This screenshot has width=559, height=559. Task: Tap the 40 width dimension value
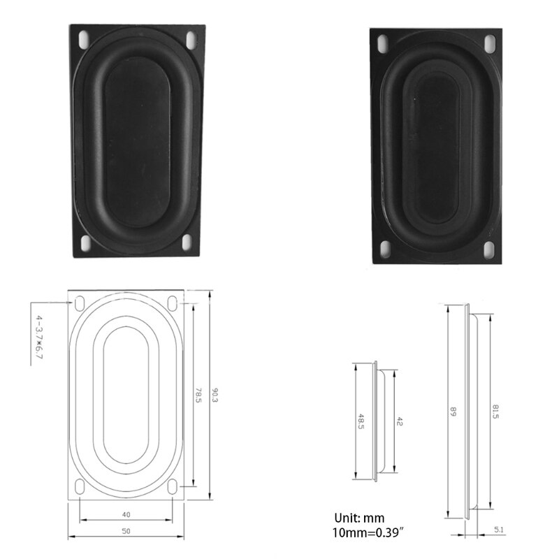(x=126, y=514)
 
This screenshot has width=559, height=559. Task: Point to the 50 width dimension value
(x=126, y=532)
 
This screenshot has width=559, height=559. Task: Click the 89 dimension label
(x=453, y=413)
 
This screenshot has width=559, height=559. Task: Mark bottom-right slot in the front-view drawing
(x=173, y=486)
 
